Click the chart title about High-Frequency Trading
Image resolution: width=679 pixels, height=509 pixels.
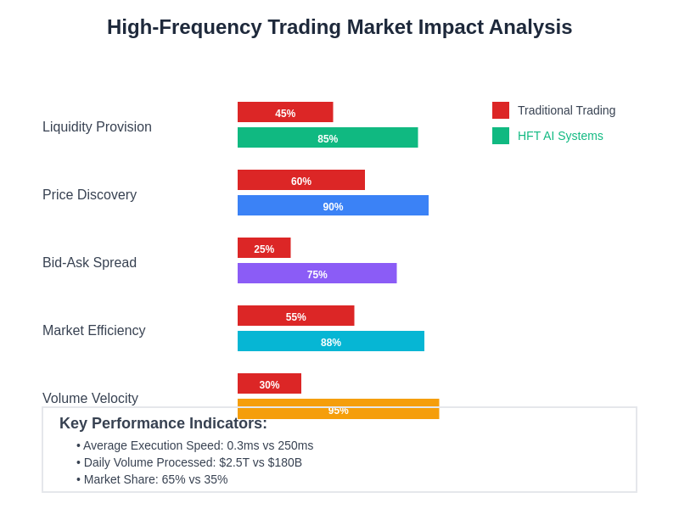339,27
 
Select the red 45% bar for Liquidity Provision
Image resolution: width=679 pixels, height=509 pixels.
285,112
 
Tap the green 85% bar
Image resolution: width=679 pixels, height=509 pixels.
328,137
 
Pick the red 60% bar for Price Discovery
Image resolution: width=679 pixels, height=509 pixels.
301,180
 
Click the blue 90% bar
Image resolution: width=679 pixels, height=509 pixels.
333,205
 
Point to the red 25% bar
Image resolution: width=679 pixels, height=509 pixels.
264,248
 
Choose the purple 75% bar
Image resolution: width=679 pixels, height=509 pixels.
317,273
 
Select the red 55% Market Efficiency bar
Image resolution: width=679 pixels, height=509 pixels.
295,316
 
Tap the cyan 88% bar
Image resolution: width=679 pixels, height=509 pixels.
331,341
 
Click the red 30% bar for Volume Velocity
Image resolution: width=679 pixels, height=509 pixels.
269,383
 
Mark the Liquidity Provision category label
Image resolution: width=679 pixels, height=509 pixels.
97,127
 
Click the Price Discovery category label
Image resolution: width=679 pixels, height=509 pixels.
89,195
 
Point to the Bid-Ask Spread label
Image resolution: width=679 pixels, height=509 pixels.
89,263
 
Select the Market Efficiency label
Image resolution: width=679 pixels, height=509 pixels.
93,331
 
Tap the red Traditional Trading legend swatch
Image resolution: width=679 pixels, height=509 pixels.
501,110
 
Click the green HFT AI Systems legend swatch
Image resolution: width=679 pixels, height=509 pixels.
501,136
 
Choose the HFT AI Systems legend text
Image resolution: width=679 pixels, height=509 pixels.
560,136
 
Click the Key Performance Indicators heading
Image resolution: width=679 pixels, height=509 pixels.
163,423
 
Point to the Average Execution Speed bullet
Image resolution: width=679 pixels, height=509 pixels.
195,445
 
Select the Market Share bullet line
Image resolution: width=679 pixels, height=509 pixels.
153,479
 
